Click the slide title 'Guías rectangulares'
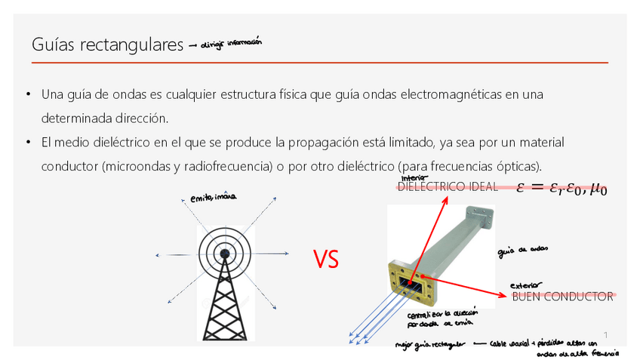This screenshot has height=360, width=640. (108, 45)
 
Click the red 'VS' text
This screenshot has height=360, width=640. (327, 260)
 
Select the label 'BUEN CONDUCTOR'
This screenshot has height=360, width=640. (562, 297)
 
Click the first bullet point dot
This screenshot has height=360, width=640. (27, 94)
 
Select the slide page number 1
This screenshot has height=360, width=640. (605, 334)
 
